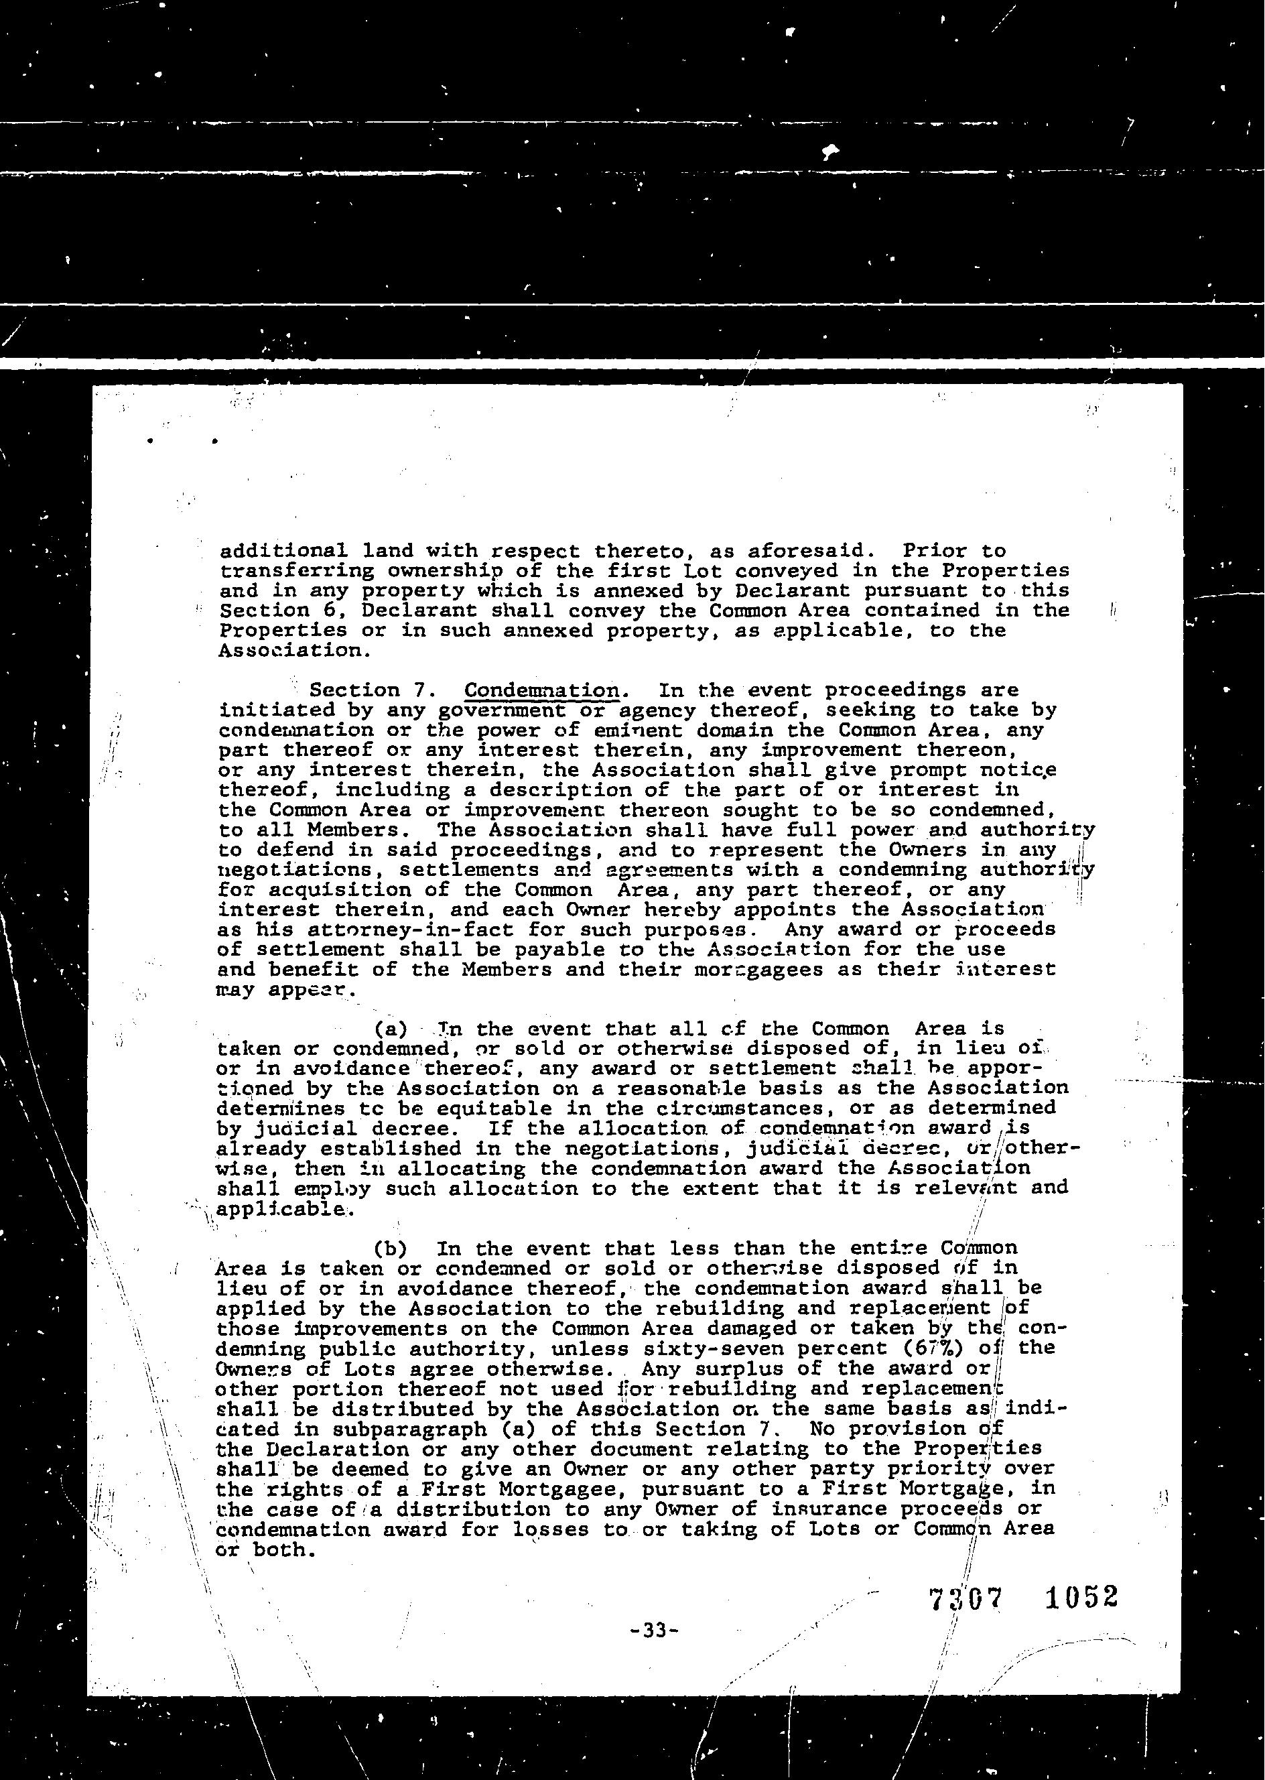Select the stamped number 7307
point(965,1599)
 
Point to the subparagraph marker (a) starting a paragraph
point(390,1028)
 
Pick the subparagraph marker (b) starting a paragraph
point(390,1249)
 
